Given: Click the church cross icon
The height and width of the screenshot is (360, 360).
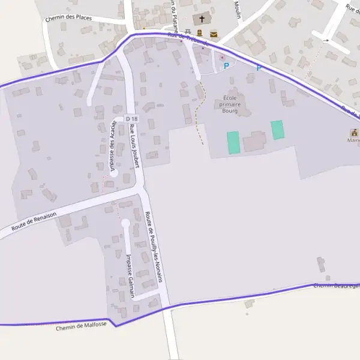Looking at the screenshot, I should (x=202, y=19).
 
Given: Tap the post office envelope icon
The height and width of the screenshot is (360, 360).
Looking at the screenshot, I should (x=214, y=34).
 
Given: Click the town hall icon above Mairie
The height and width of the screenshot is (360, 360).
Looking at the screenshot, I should (x=354, y=133).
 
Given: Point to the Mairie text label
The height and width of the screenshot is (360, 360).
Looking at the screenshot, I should (x=353, y=140).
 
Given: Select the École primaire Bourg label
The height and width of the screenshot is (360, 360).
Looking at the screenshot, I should (x=230, y=104).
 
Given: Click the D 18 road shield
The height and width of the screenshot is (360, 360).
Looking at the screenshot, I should (x=132, y=119).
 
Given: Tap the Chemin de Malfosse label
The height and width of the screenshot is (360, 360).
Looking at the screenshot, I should (x=81, y=326).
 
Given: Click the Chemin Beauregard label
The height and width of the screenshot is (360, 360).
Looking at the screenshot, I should (x=336, y=284).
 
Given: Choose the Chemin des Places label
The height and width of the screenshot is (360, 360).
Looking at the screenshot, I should (x=68, y=17).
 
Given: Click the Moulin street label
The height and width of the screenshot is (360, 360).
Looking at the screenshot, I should (x=237, y=10).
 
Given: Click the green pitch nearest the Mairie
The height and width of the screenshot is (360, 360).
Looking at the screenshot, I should (x=277, y=130).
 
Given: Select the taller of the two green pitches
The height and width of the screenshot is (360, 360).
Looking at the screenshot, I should (x=233, y=143).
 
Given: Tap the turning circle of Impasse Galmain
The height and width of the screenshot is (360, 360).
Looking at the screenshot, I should (x=125, y=223).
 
